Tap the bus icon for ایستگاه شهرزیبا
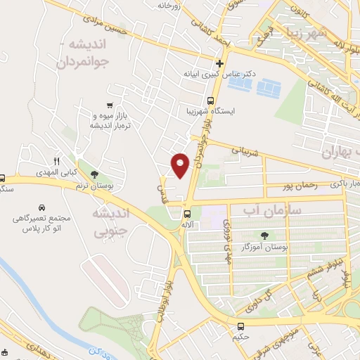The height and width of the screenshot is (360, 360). click(210, 100)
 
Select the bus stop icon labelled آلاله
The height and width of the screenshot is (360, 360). click(187, 214)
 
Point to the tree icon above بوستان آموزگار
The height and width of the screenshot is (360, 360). click(264, 236)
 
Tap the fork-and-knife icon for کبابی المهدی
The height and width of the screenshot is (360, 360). click(58, 161)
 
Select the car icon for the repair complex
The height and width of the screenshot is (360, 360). click(41, 209)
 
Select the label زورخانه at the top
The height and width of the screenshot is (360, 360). click(172, 6)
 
